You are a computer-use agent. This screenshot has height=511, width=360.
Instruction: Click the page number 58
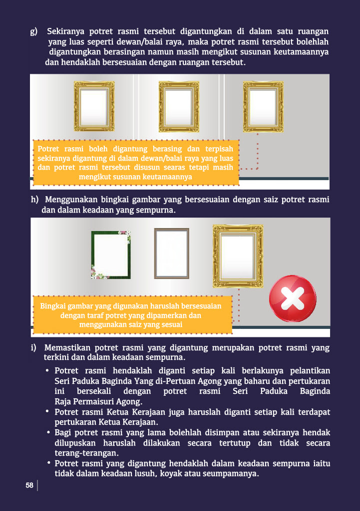tap(29, 485)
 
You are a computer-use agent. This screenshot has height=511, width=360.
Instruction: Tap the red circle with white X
tap(293, 298)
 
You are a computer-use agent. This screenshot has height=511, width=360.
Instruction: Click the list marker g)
tap(34, 31)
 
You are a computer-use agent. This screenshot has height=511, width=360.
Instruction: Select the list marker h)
tap(34, 199)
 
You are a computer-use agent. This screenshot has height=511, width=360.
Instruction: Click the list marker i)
tap(33, 347)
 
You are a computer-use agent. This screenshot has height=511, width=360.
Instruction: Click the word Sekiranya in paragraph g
tap(66, 31)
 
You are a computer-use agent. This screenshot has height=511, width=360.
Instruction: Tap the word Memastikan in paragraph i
tap(67, 348)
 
